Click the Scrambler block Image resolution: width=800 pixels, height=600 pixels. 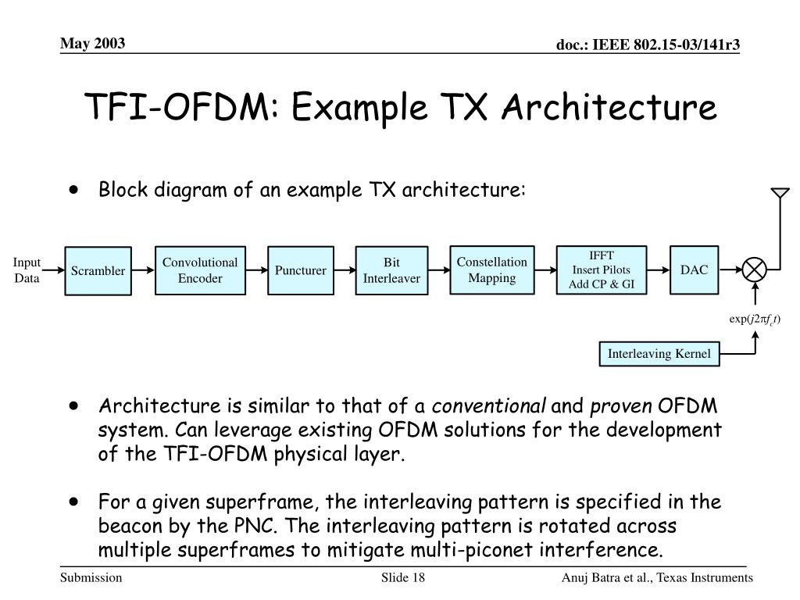point(98,271)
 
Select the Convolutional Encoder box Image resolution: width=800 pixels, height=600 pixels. point(200,270)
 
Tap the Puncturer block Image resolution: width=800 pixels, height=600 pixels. point(300,271)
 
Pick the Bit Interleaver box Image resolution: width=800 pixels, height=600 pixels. point(391,270)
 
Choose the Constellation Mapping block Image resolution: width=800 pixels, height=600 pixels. point(492,270)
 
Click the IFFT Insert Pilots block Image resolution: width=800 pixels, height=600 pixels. point(602,270)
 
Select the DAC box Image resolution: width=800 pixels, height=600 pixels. point(694,270)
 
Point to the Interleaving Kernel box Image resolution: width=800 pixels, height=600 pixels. point(659,354)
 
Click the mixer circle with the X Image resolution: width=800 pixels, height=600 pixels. point(755,270)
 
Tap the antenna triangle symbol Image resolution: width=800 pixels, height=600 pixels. point(779,193)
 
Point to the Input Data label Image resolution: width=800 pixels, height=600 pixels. point(27,270)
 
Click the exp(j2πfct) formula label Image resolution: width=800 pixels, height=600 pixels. point(755,318)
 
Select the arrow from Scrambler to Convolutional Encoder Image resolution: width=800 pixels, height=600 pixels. point(142,271)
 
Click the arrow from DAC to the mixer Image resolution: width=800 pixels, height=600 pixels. point(728,271)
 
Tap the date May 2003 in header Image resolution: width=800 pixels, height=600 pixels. point(94,43)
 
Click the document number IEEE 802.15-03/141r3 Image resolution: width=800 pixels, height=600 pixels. point(648,47)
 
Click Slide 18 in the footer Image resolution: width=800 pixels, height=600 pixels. point(402,577)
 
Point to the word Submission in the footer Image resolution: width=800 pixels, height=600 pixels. point(91,577)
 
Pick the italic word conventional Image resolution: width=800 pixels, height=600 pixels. point(490,407)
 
